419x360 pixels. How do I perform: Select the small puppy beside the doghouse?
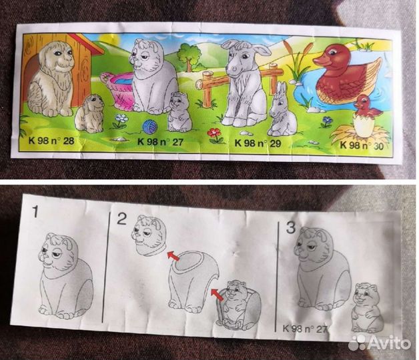pyautogui.click(x=89, y=114)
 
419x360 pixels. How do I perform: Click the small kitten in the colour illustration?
pyautogui.click(x=179, y=112)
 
